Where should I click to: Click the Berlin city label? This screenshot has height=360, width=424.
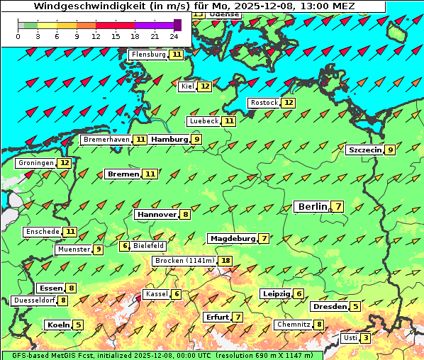(312, 206)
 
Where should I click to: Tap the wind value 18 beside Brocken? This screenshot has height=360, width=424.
(226, 261)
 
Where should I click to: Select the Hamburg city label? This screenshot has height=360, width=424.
(169, 140)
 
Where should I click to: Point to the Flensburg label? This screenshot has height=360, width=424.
(148, 55)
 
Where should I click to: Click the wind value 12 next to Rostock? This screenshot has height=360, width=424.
(288, 103)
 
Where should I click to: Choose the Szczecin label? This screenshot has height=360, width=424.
(365, 150)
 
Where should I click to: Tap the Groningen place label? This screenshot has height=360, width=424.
(36, 163)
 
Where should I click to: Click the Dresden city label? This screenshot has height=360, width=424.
(330, 306)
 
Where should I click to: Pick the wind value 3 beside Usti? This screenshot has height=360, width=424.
(366, 338)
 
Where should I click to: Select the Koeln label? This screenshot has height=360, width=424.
(57, 325)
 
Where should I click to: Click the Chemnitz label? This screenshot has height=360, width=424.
(294, 325)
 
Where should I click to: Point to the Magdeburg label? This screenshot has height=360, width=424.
(232, 238)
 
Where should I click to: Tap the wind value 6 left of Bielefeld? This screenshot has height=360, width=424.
(125, 246)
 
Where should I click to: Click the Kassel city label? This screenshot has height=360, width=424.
(156, 294)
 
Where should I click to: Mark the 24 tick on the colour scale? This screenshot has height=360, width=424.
(174, 36)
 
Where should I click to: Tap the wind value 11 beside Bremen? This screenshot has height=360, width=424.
(150, 174)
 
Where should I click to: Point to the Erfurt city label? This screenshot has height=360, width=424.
(217, 317)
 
